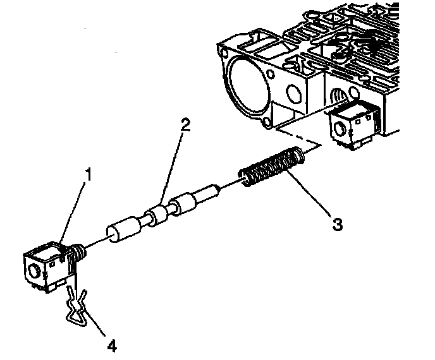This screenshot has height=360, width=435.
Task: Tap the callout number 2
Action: coord(185,125)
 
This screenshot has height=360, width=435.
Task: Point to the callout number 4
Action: coord(111,345)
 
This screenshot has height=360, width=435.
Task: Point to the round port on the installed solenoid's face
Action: coord(342,131)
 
